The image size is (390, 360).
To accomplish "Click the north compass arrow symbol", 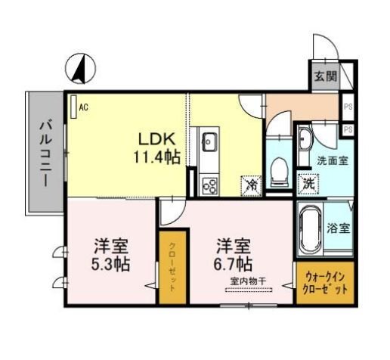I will coord(78,70).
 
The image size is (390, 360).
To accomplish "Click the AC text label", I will coord(83,107).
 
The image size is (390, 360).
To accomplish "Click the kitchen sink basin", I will coord(209,140).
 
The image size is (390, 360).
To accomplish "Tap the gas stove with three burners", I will coord(209,183).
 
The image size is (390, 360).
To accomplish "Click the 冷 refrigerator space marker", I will coord(249,183).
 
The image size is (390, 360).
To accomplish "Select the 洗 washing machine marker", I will coord(308,182).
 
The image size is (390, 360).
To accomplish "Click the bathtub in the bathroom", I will coord(311,226).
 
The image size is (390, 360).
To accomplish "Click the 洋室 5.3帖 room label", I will coord(111,256).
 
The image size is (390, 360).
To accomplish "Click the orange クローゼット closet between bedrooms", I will coord(172,268).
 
